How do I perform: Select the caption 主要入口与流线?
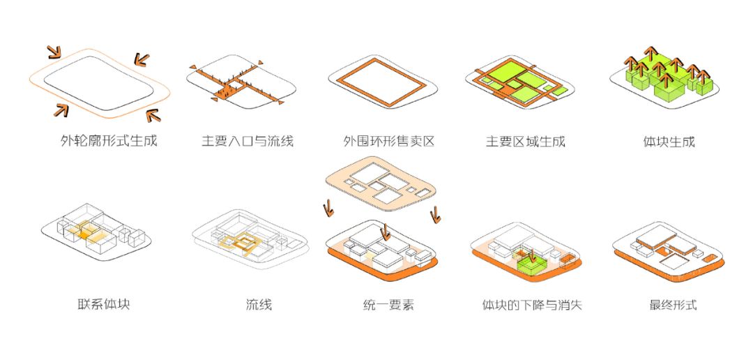[x=248, y=141]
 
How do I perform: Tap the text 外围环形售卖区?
[x=388, y=141]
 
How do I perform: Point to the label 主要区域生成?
[x=525, y=141]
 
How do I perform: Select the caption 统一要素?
[x=388, y=305]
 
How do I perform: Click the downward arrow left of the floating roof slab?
[x=326, y=207]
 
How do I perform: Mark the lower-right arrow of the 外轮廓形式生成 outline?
[x=152, y=114]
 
